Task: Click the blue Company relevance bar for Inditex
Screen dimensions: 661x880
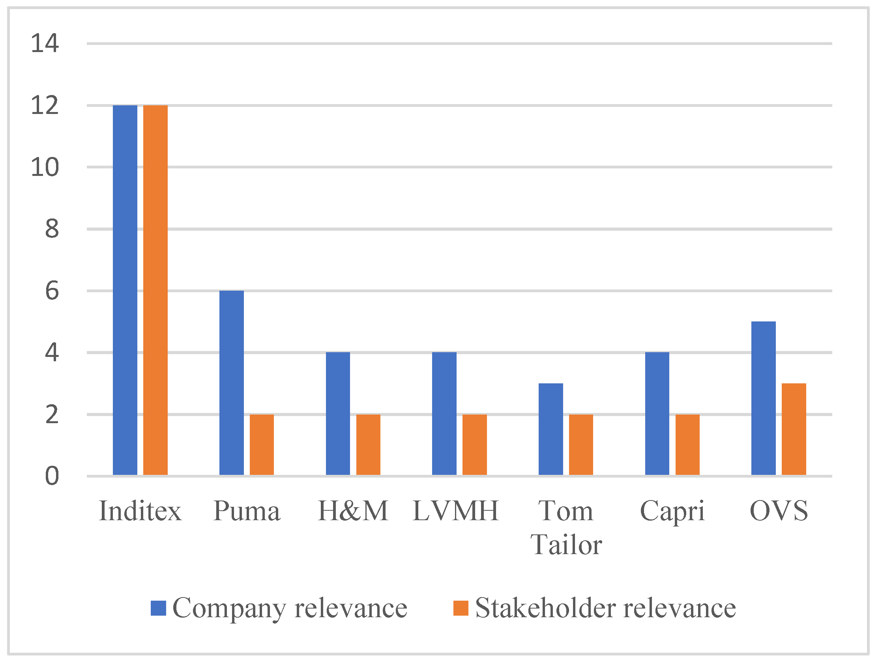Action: click(125, 290)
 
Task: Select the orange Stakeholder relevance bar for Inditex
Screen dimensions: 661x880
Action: click(155, 290)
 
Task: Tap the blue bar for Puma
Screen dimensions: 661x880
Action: click(232, 383)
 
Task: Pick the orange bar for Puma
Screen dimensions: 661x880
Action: click(262, 444)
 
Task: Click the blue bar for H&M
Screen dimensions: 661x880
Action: click(338, 414)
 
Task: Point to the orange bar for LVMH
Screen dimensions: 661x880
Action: click(475, 444)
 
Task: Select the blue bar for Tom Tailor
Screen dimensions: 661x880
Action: click(550, 429)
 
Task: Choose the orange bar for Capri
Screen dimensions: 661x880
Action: click(687, 444)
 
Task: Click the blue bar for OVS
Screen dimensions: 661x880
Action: click(764, 398)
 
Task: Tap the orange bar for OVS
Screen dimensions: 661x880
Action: click(794, 429)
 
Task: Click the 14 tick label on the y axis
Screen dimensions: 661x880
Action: click(45, 43)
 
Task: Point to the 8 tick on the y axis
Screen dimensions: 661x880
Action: click(52, 229)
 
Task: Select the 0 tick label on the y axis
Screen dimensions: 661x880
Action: click(52, 476)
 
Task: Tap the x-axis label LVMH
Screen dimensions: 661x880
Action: click(456, 511)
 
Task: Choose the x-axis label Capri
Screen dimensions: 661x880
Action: click(672, 511)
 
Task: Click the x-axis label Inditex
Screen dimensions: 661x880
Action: click(140, 511)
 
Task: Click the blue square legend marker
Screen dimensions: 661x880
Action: click(158, 608)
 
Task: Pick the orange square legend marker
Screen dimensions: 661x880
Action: click(461, 608)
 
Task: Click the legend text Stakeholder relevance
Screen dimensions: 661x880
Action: click(605, 608)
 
